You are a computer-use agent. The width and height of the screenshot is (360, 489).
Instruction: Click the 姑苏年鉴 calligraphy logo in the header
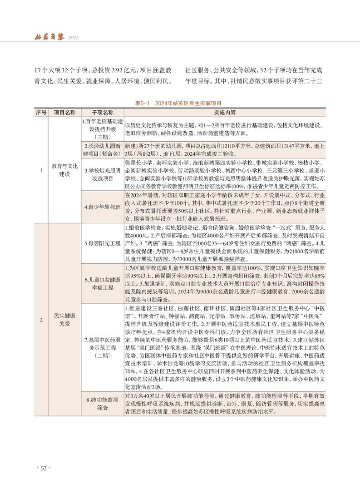pos(49,36)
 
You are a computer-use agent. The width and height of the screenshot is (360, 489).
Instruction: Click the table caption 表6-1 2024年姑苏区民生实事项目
pos(180,104)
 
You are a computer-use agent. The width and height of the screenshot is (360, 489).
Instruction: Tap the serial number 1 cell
pos(41,170)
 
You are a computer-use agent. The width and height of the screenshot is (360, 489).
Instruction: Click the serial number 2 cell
pos(41,320)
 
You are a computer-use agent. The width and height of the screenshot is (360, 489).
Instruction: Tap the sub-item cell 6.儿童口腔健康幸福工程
pos(102,283)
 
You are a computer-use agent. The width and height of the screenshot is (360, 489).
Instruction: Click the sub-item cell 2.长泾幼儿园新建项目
pos(102,149)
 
